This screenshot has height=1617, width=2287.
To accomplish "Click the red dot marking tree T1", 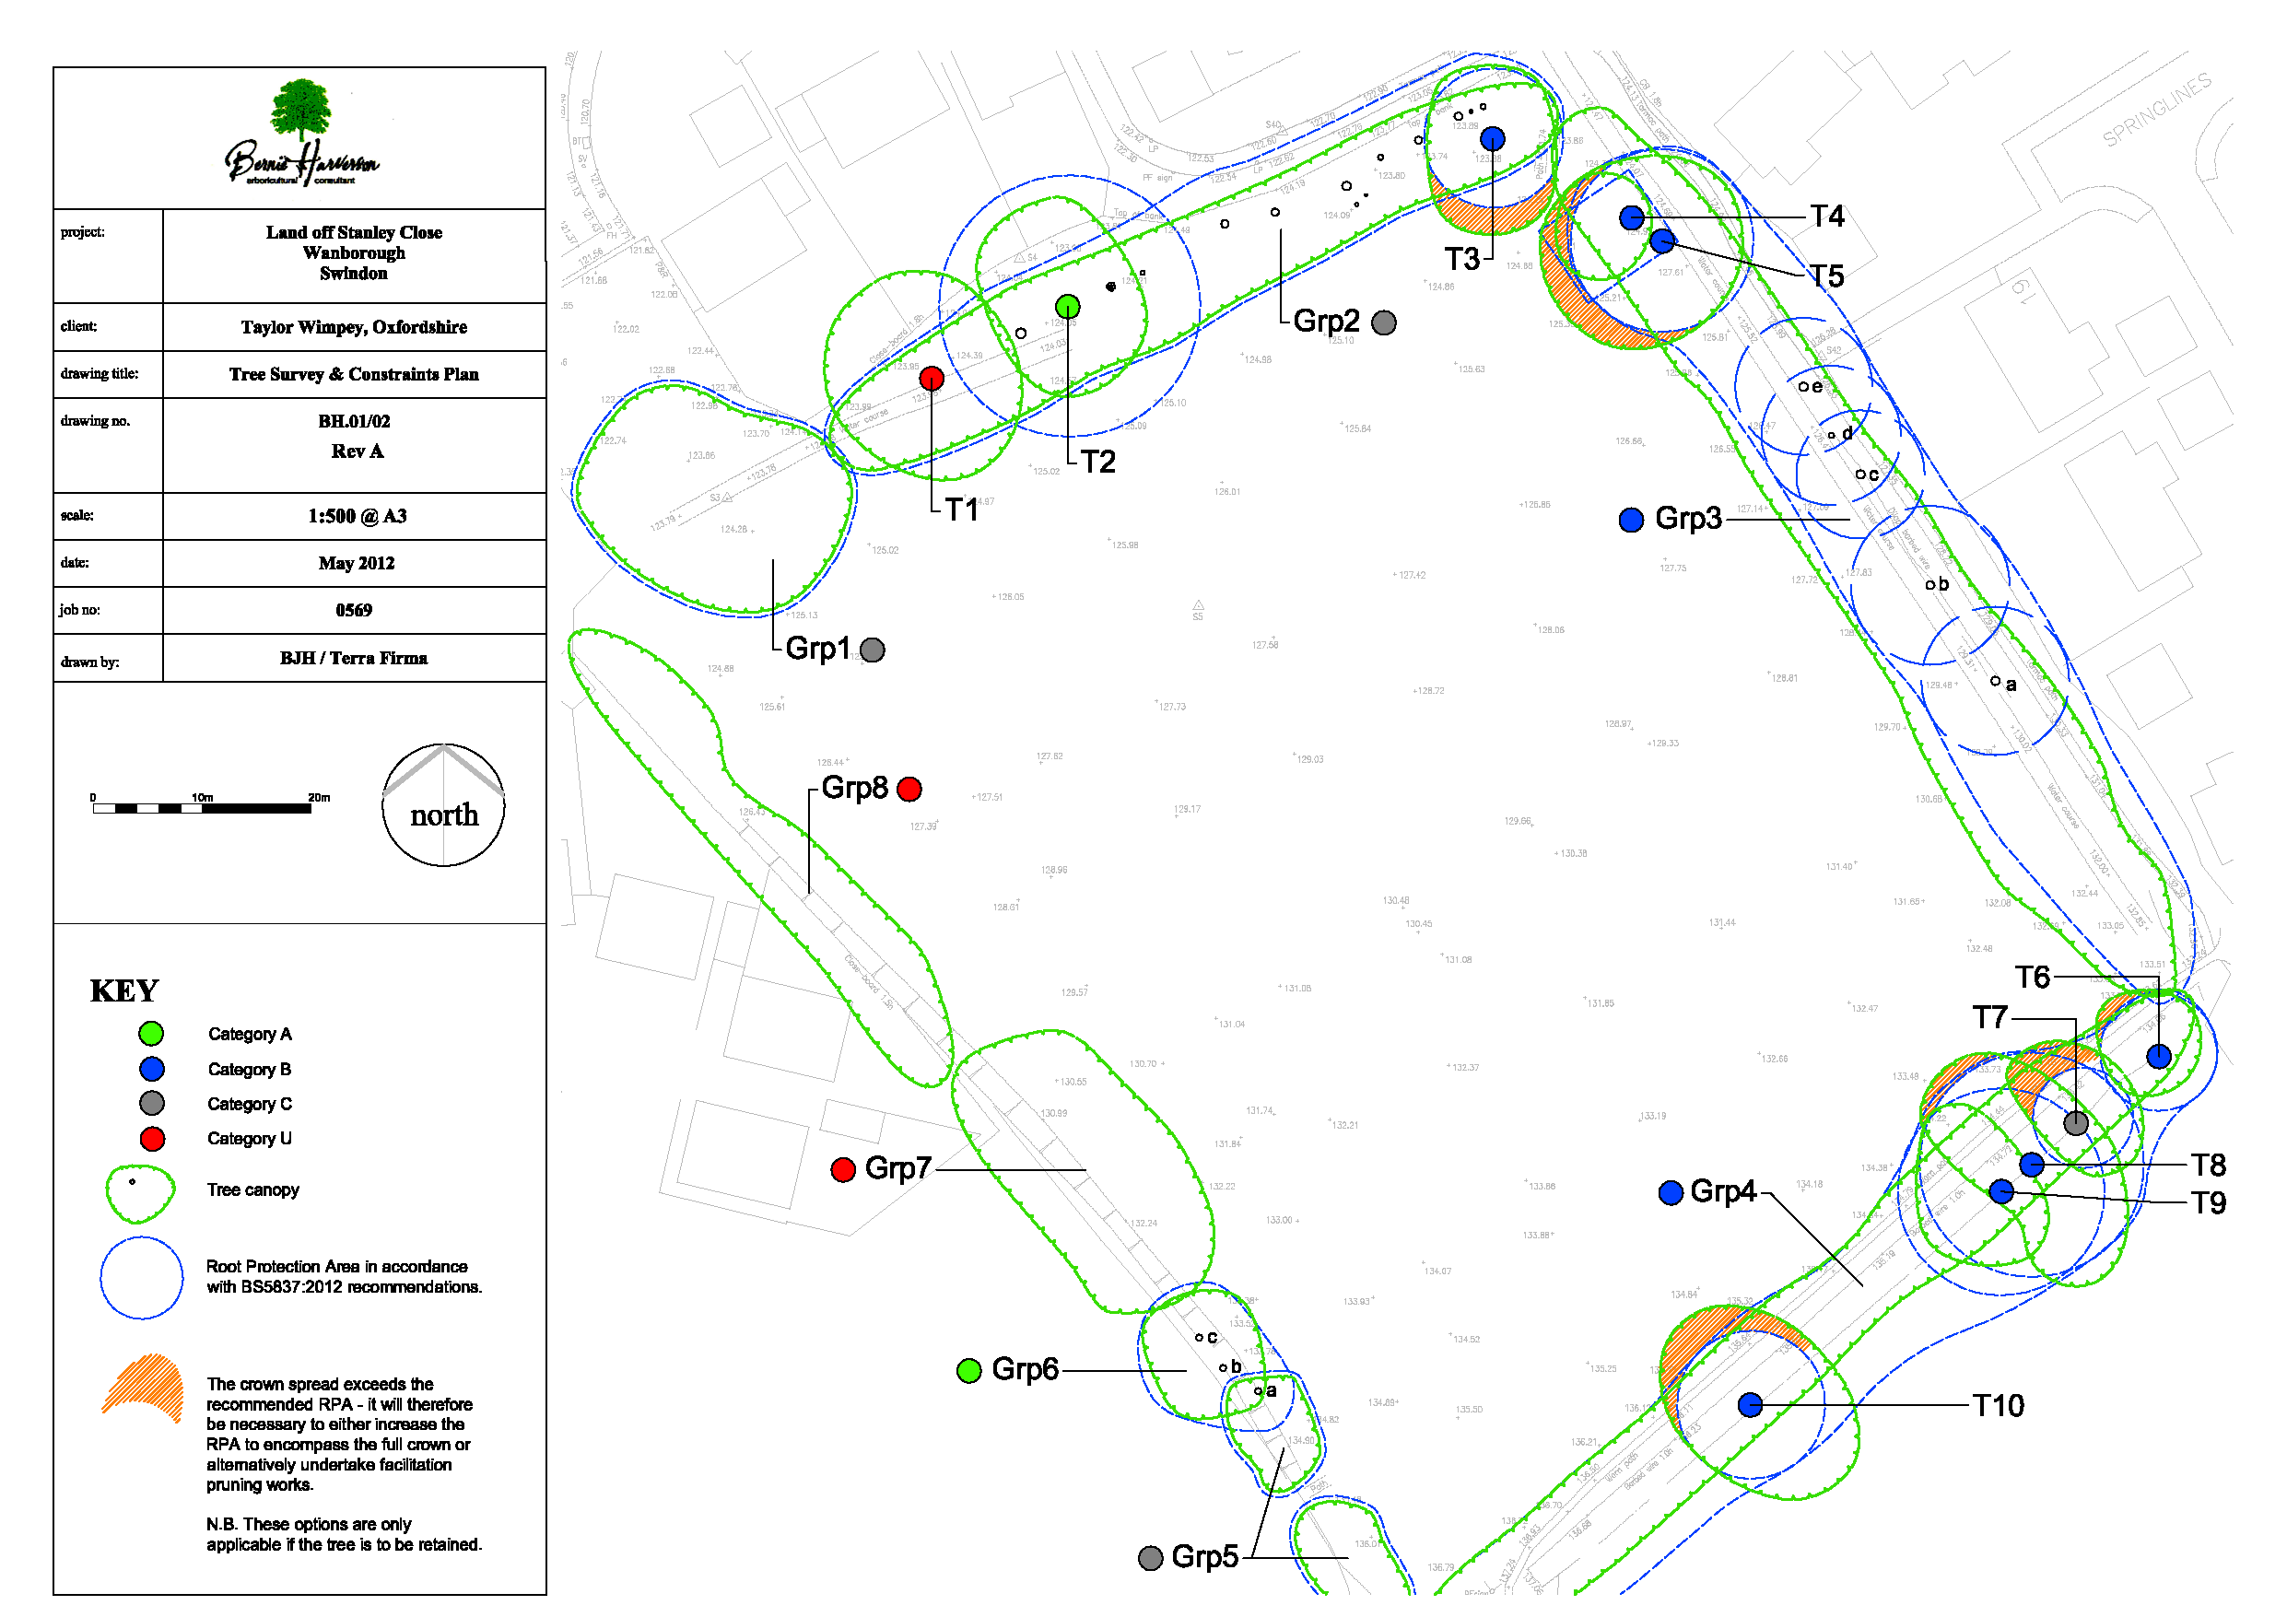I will point(932,379).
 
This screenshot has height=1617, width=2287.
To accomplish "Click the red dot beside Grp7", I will point(843,1169).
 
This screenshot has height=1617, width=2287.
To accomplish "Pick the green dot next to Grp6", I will point(968,1371).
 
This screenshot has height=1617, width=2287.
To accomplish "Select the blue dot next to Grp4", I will point(1671,1192).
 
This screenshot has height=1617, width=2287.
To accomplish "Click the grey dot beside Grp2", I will point(1384,322).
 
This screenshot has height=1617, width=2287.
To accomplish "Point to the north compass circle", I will point(443,805).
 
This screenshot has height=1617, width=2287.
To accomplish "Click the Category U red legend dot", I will point(152,1139).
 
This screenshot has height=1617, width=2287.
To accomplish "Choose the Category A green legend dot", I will point(151,1034).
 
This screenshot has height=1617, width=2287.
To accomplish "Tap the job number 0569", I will point(354,611).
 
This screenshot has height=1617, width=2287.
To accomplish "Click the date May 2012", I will point(356,564).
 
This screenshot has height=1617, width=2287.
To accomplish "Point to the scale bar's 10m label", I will point(202,798).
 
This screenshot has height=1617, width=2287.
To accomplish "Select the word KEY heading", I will point(124,991).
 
